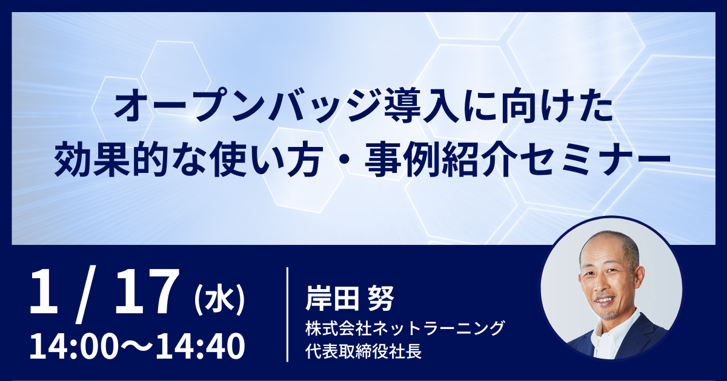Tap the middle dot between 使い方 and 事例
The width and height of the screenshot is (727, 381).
(x=343, y=160)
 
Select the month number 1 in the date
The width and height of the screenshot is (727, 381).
(x=44, y=291)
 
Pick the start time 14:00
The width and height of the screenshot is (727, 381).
(x=73, y=346)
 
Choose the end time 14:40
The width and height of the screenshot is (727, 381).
(x=201, y=346)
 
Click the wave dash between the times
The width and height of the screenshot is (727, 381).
(x=136, y=346)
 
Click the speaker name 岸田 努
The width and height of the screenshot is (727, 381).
(x=350, y=299)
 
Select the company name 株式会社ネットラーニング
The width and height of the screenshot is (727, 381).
(x=405, y=328)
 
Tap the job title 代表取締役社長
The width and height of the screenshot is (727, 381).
(x=363, y=351)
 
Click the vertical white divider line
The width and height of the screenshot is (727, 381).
(x=288, y=314)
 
